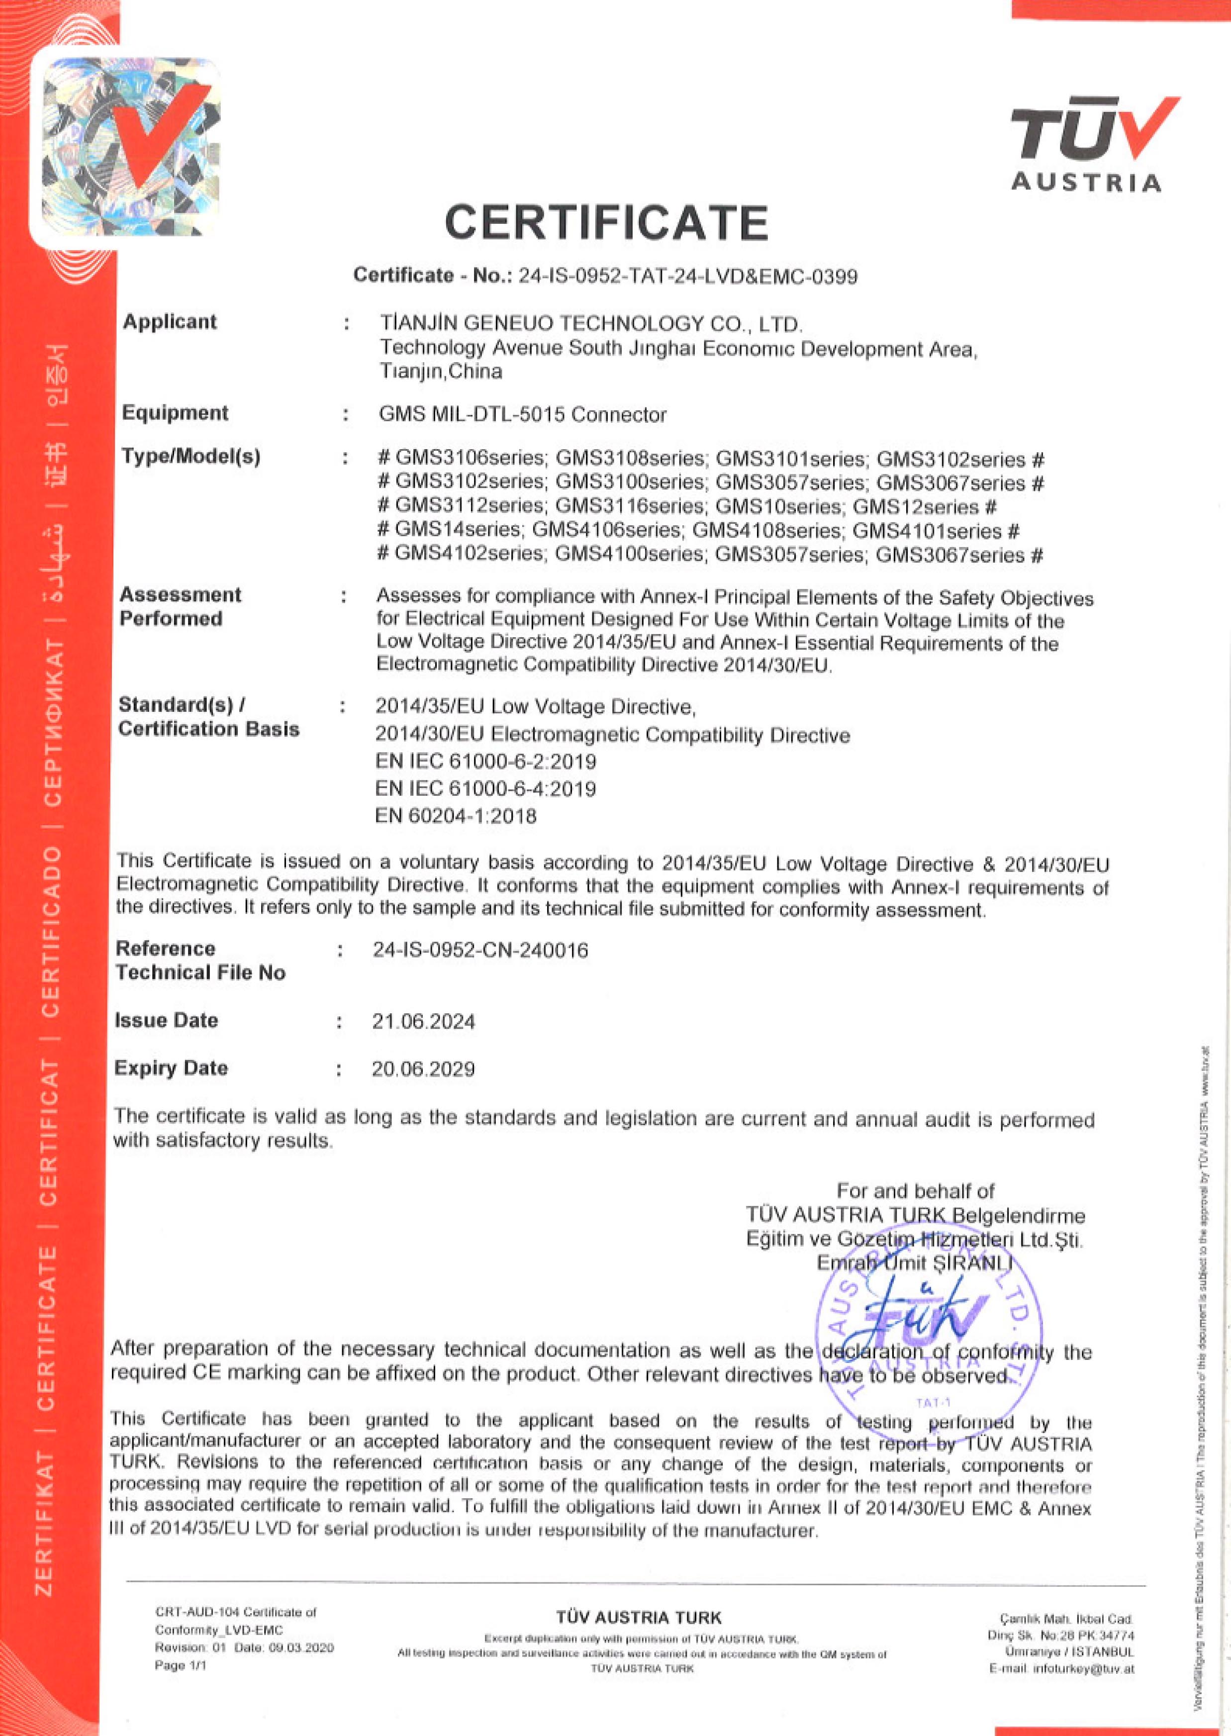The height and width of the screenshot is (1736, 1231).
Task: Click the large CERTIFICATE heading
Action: click(606, 223)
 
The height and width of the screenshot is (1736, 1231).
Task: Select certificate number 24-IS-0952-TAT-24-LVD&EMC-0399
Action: click(687, 277)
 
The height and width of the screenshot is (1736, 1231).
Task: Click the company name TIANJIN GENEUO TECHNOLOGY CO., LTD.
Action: click(591, 324)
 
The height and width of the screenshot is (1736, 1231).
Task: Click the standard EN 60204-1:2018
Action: click(456, 816)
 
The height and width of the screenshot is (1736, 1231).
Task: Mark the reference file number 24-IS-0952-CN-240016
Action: click(480, 950)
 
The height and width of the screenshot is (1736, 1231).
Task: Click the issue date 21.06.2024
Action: click(423, 1021)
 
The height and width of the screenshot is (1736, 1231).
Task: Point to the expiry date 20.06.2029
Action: click(423, 1069)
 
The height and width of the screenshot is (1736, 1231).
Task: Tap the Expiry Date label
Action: click(171, 1068)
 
